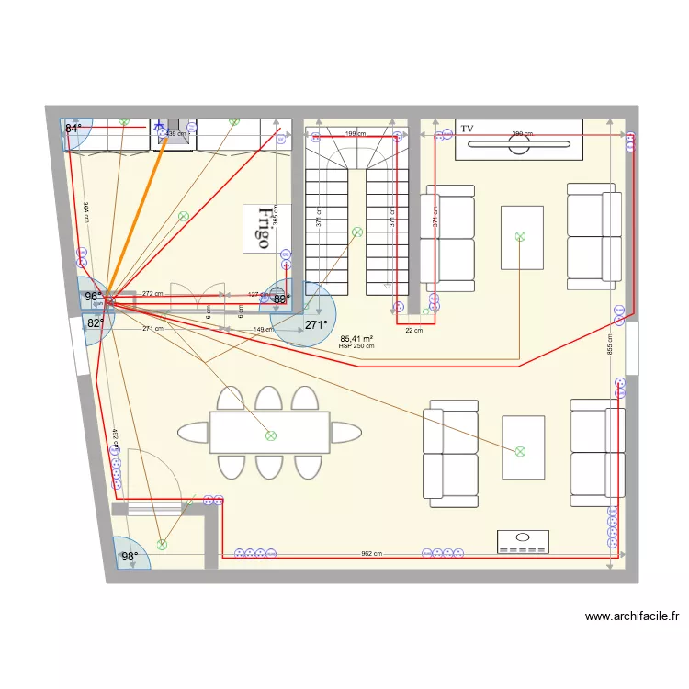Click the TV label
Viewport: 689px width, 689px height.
(x=467, y=129)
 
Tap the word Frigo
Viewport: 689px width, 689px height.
(x=264, y=228)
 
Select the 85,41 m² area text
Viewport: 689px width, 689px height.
(x=356, y=338)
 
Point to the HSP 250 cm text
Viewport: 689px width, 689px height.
(x=356, y=346)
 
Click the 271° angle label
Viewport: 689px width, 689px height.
(x=316, y=324)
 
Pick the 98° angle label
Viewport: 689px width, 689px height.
(x=129, y=556)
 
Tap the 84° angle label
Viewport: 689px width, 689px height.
(x=73, y=129)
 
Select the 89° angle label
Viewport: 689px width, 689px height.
(x=281, y=299)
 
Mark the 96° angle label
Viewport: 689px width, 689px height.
(x=93, y=297)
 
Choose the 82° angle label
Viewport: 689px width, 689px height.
(x=95, y=323)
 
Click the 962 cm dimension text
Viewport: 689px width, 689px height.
(x=371, y=554)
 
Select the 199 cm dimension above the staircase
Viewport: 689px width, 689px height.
(x=356, y=134)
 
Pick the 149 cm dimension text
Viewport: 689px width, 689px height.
(x=264, y=330)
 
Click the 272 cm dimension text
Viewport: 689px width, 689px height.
(x=152, y=294)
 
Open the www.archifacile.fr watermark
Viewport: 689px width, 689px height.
(x=631, y=617)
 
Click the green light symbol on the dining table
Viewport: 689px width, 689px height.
(x=270, y=436)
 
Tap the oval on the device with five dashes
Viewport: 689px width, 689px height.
(x=524, y=536)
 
